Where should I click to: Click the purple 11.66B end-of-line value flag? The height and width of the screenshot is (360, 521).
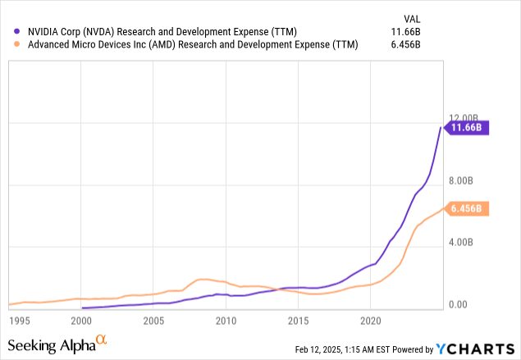point(467,127)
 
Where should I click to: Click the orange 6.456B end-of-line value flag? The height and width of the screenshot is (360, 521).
point(467,209)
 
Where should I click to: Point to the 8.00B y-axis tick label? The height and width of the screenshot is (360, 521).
point(462,180)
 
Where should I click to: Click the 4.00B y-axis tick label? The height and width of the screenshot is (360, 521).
point(462,243)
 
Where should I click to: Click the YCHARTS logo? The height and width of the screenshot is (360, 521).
point(475,349)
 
